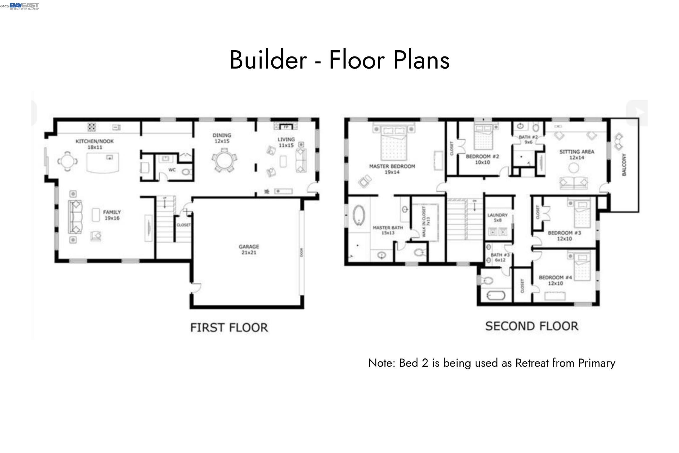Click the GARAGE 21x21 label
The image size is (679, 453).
249,249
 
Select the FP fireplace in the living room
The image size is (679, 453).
285,127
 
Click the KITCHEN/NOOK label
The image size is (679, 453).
94,141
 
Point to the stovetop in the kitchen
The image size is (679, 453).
92,127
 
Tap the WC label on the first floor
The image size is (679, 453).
172,170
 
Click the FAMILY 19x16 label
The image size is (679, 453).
112,215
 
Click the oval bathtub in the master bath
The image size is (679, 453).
359,215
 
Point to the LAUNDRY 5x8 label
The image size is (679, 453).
497,217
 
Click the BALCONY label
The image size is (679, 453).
624,165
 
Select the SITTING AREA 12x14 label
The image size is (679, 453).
577,154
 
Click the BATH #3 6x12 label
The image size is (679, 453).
500,257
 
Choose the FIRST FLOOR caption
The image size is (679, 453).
229,328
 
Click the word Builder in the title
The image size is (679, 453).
268,60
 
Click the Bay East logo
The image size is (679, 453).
24,6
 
